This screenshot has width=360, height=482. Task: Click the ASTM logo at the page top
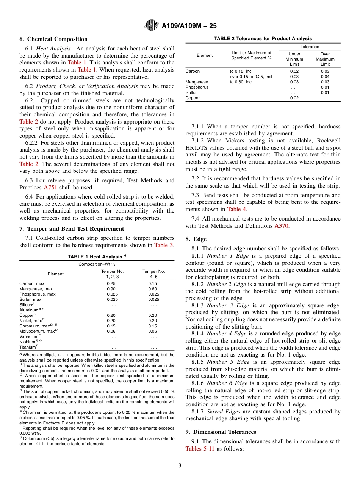pyautogui.click(x=152, y=26)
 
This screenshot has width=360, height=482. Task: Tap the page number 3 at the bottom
pyautogui.click(x=180, y=465)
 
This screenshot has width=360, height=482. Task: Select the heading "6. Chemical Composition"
pyautogui.click(x=53, y=39)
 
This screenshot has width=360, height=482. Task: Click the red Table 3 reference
pyautogui.click(x=164, y=245)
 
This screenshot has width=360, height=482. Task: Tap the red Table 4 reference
pyautogui.click(x=236, y=209)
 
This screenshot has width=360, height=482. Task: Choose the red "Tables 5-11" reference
pyautogui.click(x=200, y=449)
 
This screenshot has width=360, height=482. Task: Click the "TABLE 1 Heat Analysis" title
pyautogui.click(x=96, y=257)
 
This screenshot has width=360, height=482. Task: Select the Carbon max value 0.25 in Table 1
pyautogui.click(x=111, y=283)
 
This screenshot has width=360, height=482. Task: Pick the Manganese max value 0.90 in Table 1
pyautogui.click(x=111, y=289)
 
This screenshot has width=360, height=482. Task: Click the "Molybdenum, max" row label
pyautogui.click(x=38, y=331)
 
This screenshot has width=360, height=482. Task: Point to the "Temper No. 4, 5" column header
pyautogui.click(x=153, y=274)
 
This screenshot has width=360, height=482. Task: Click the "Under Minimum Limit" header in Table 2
pyautogui.click(x=294, y=59)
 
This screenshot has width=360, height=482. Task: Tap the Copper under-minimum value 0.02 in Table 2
pyautogui.click(x=294, y=98)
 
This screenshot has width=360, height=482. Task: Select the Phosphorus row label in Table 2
pyautogui.click(x=197, y=87)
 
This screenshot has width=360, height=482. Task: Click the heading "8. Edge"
pyautogui.click(x=196, y=239)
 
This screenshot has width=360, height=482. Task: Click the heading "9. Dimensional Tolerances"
pyautogui.click(x=221, y=432)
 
